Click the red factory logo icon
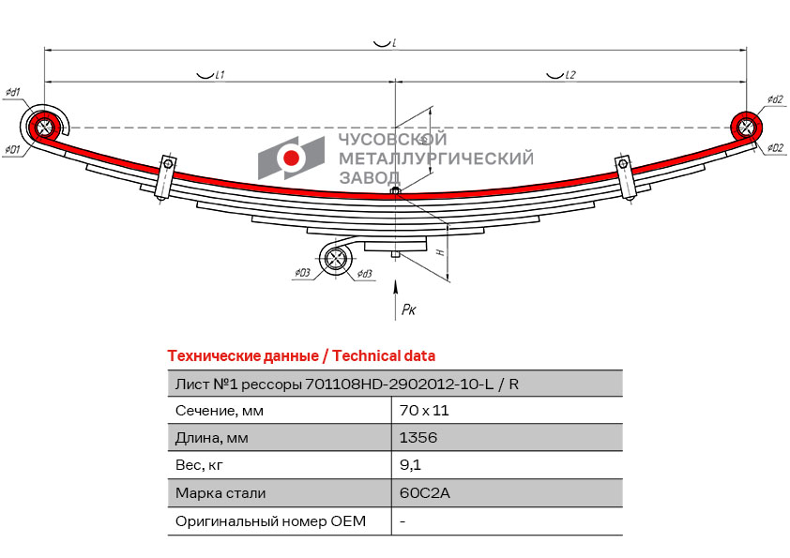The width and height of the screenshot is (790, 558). click(292, 158)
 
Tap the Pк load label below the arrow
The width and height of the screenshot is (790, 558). click(408, 309)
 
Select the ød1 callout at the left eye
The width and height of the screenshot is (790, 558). click(13, 92)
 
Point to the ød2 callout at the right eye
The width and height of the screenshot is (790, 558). click(774, 99)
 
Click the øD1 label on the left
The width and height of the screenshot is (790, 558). click(12, 150)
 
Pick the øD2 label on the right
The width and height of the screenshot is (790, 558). click(774, 148)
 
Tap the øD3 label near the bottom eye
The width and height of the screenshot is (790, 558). click(301, 273)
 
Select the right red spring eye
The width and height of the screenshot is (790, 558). click(746, 126)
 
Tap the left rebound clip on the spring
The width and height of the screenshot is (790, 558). click(166, 175)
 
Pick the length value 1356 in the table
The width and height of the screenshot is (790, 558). click(418, 438)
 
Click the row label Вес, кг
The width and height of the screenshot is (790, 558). click(199, 465)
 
